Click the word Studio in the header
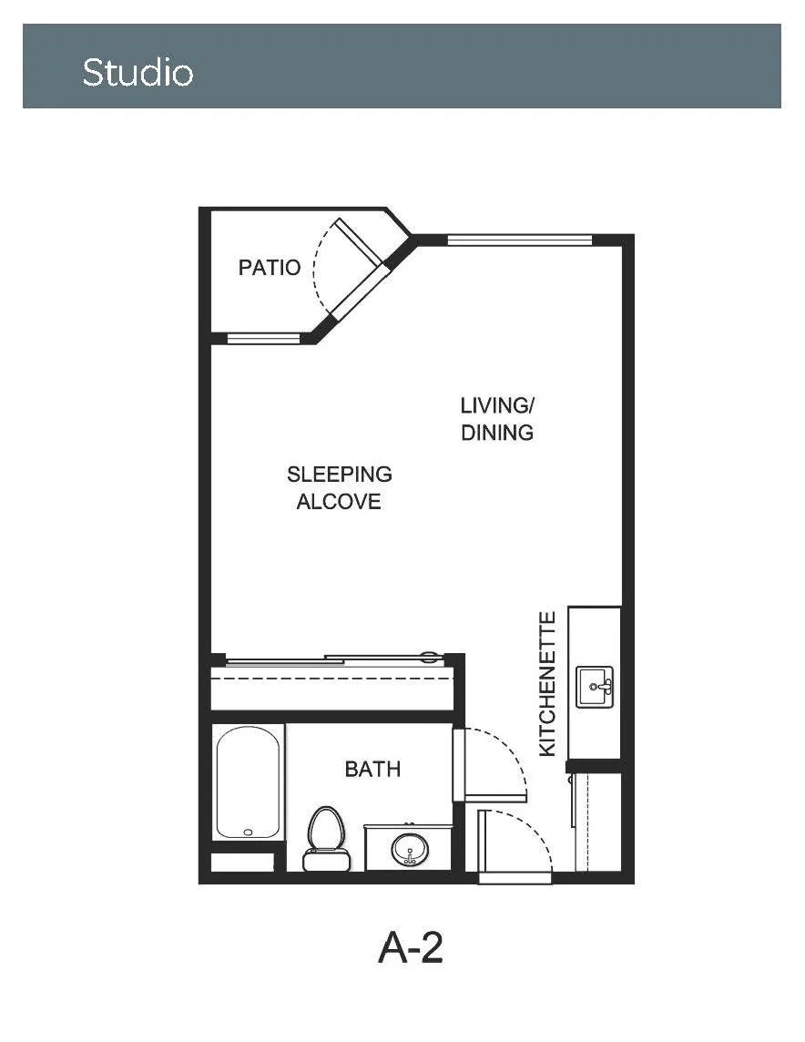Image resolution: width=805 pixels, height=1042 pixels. (x=138, y=72)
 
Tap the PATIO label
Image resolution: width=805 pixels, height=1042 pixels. (x=270, y=267)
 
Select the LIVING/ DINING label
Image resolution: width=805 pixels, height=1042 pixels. (x=497, y=419)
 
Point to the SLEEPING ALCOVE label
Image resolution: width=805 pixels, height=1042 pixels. (x=340, y=488)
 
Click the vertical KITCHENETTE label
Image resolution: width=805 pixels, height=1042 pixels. (x=546, y=684)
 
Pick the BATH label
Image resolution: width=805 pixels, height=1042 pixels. (x=372, y=769)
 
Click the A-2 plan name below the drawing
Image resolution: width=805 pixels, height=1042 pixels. (x=411, y=947)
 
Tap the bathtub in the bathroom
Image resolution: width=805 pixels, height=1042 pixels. (x=248, y=782)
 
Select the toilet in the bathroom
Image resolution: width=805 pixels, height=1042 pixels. (x=326, y=839)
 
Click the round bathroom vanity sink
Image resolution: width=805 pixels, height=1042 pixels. (x=410, y=849)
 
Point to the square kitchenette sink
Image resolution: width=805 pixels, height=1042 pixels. (x=595, y=687)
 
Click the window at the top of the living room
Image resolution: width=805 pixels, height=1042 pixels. (x=519, y=240)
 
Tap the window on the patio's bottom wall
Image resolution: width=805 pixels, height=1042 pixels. (x=264, y=338)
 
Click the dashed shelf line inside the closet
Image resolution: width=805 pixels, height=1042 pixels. (x=332, y=679)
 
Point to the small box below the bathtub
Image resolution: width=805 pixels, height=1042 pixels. (x=242, y=862)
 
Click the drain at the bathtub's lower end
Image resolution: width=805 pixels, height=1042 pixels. (x=249, y=832)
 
